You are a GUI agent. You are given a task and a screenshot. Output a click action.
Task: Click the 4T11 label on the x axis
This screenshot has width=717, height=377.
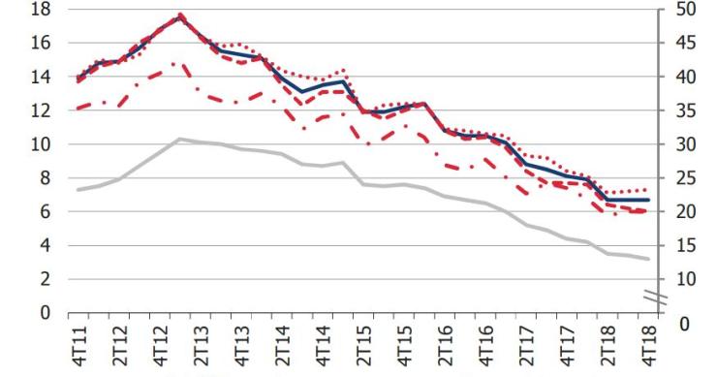[x=78, y=344]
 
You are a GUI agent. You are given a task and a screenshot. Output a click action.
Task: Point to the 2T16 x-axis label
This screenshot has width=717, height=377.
[x=444, y=344]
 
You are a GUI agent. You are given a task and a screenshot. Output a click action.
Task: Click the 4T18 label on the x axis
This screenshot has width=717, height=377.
[x=648, y=344]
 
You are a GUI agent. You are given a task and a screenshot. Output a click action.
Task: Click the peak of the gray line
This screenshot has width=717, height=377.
[x=179, y=139]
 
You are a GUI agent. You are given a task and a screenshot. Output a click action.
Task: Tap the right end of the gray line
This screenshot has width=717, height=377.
[x=648, y=259]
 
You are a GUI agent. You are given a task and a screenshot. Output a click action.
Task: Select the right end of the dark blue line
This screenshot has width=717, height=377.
[x=648, y=200]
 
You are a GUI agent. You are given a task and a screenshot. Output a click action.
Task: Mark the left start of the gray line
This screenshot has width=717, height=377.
[x=78, y=190]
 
